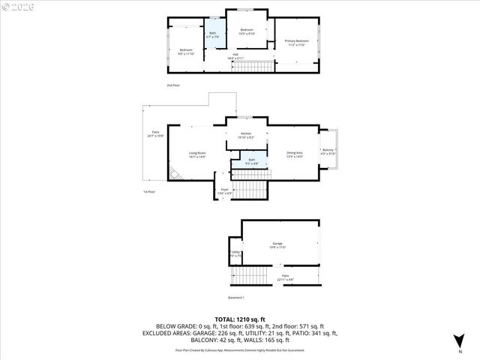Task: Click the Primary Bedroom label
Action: tap(296, 42)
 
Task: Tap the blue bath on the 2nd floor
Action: tap(212, 35)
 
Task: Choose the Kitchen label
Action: tap(246, 135)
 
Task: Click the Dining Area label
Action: tap(294, 155)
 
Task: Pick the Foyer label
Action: tap(224, 192)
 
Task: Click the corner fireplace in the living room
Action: tap(174, 175)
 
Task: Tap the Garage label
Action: tap(277, 246)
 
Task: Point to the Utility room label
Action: tap(235, 253)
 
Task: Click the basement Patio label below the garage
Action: tap(286, 277)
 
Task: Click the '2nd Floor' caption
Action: tap(173, 85)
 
